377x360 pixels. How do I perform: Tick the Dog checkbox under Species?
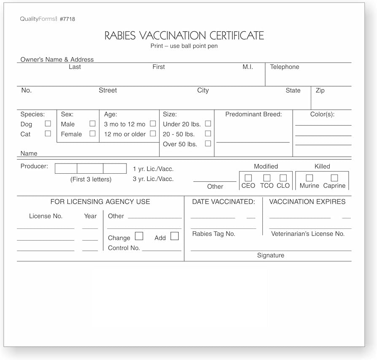coord(48,124)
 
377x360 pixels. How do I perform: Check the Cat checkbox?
coord(48,134)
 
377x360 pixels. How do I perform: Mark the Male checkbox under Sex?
coord(92,124)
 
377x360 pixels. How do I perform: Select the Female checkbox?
coord(92,134)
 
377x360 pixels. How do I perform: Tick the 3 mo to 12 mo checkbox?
coord(153,124)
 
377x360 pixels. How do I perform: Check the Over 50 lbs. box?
coord(207,144)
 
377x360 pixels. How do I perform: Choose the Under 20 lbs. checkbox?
coord(207,124)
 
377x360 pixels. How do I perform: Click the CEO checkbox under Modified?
coord(248,178)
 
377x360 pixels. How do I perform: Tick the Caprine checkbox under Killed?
coord(334,178)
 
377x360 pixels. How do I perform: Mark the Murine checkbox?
coord(310,178)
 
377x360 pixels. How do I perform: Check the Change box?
coord(139,236)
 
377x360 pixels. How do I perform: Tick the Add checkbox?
coord(175,236)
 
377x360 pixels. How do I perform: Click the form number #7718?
coord(67,19)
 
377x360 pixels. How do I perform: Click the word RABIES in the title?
coord(120,35)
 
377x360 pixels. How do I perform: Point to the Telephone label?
coord(285,67)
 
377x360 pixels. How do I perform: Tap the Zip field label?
coord(320,91)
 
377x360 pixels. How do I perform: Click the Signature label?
coord(271,255)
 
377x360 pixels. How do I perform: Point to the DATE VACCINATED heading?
coord(224,202)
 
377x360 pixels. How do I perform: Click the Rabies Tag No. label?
coord(214,234)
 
